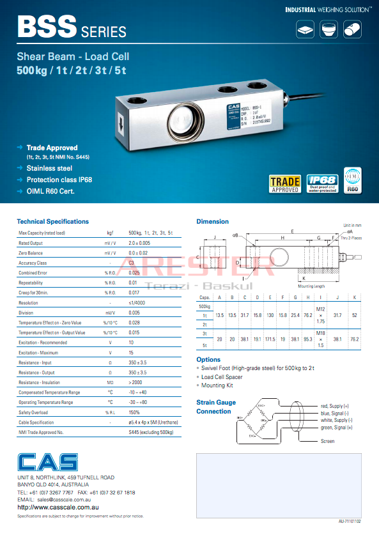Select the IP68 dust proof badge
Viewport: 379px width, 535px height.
coord(321,183)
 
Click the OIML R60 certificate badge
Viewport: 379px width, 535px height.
coord(353,180)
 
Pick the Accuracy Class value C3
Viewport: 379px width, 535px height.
coord(132,263)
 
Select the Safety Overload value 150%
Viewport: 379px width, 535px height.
coord(134,413)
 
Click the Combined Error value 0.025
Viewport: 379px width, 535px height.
coord(134,273)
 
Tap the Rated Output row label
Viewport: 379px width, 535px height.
coord(31,243)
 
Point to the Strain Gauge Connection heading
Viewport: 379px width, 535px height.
coord(216,407)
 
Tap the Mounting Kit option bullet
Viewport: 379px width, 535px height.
coord(217,386)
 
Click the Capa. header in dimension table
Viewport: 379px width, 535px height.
coord(205,297)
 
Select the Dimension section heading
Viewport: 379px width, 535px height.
coord(212,221)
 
